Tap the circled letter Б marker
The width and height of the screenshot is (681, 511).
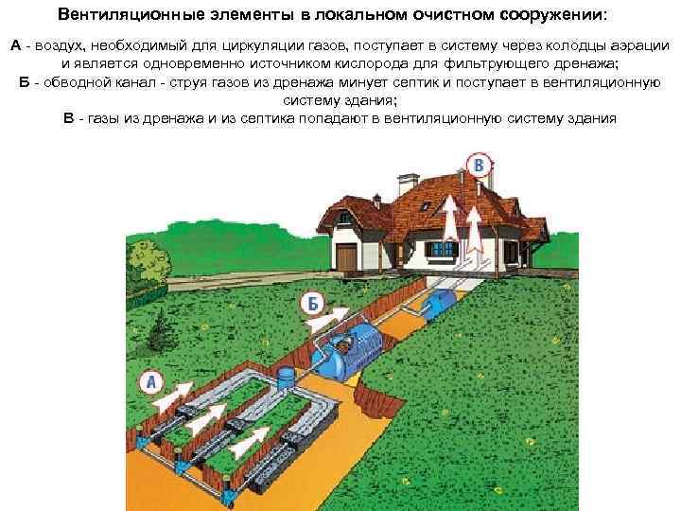(x=311, y=304)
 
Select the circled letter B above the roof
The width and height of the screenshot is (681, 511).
(x=480, y=167)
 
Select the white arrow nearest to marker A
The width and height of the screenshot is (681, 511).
(x=184, y=392)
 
